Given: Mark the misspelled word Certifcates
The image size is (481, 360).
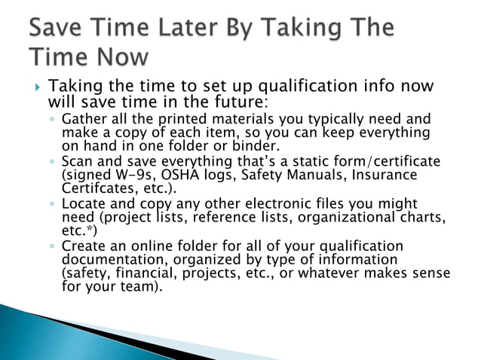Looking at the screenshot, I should pos(97,188).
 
